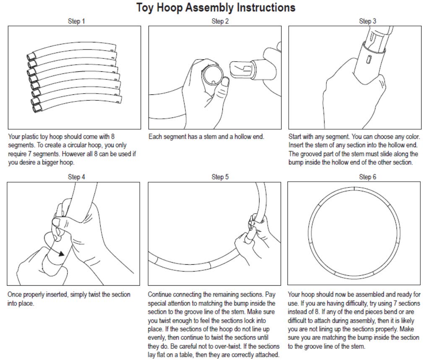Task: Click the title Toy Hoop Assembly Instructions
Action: (216, 8)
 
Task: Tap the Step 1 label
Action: (76, 21)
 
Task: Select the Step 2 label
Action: (220, 21)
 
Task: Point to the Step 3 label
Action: (368, 21)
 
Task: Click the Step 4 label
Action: (76, 177)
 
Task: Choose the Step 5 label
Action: (220, 177)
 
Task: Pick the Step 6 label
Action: (368, 177)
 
